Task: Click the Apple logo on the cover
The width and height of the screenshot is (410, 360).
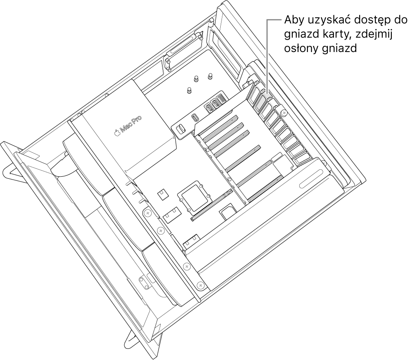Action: pyautogui.click(x=117, y=133)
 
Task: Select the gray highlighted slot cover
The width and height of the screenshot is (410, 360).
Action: pyautogui.click(x=261, y=99)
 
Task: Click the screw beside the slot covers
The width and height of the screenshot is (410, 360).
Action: pyautogui.click(x=283, y=113)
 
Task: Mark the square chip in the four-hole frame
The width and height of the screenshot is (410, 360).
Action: pyautogui.click(x=194, y=196)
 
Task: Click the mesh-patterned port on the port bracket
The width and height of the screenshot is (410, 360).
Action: pyautogui.click(x=222, y=101)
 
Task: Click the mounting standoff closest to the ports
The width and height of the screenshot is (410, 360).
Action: pyautogui.click(x=190, y=91)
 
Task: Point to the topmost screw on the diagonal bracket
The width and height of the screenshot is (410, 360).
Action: pyautogui.click(x=148, y=213)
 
